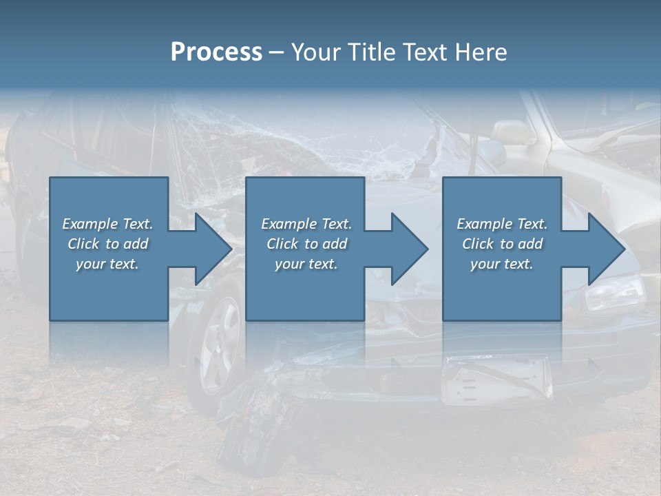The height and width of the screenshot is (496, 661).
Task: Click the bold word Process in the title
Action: tap(216, 52)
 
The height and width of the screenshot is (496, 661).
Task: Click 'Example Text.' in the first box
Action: tap(107, 224)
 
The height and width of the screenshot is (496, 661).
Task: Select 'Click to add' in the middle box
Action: tap(306, 244)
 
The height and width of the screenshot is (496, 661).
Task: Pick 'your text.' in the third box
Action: tap(502, 264)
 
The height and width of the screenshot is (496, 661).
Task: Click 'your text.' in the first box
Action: tap(107, 264)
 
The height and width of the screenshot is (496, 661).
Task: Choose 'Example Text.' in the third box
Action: tap(502, 224)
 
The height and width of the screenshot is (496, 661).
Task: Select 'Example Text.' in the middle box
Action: tap(306, 224)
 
